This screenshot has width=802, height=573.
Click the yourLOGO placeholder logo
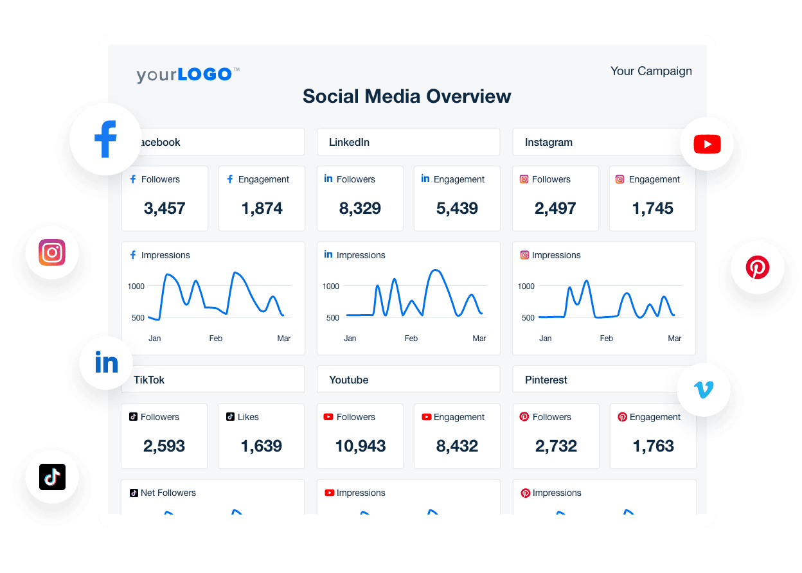188,75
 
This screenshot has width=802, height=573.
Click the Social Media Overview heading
407,96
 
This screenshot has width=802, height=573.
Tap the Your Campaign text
651,71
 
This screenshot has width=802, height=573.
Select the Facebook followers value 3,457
165,208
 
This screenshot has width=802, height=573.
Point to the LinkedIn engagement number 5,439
457,208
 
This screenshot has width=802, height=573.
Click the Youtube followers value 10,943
361,446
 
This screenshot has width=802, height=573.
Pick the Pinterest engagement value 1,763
653,446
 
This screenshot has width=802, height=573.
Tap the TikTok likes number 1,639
261,446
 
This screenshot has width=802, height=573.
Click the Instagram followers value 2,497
555,208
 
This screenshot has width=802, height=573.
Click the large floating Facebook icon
105,139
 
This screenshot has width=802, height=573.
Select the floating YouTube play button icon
707,145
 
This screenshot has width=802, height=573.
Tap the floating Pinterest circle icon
757,267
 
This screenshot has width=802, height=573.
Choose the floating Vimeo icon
704,389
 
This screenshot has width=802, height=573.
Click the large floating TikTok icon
52,477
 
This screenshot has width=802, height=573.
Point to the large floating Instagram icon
52,252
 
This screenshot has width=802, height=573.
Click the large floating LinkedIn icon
106,363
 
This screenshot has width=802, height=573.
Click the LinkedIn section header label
349,142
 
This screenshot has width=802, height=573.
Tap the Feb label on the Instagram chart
606,338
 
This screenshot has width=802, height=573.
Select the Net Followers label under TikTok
168,493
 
